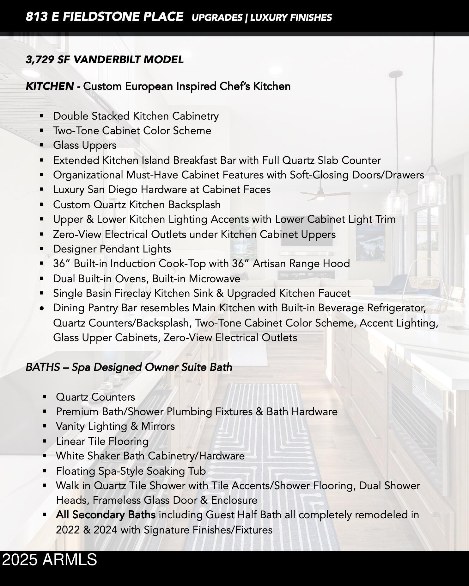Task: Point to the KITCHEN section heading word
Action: [x=50, y=86]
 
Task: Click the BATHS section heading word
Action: [x=42, y=367]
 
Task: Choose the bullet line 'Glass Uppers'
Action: [x=85, y=145]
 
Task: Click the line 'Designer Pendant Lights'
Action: [x=112, y=249]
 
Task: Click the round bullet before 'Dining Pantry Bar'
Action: [x=42, y=308]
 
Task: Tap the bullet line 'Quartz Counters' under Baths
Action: [x=95, y=397]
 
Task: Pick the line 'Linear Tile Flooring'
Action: [x=102, y=441]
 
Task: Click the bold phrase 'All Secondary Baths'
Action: [x=106, y=515]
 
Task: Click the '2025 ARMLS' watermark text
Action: [x=50, y=559]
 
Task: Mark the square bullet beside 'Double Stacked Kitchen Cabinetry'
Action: [x=42, y=116]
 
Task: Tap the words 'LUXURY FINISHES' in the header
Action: [x=291, y=18]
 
